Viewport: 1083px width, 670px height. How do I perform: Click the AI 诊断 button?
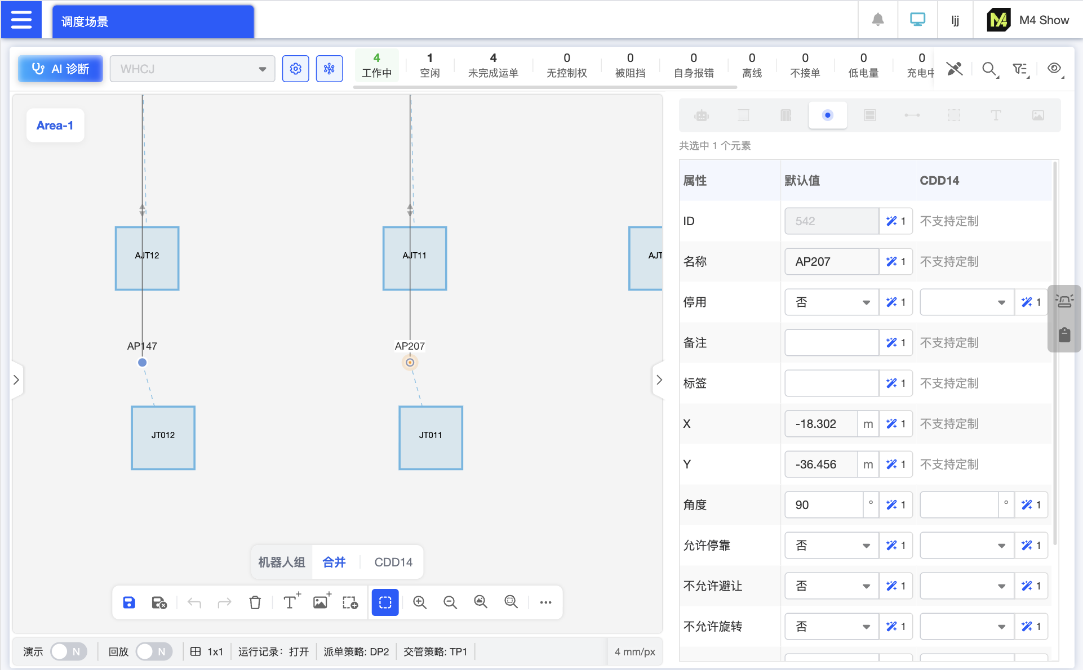point(60,69)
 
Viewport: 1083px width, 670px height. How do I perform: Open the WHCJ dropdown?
point(192,69)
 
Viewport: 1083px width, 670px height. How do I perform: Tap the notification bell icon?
point(877,20)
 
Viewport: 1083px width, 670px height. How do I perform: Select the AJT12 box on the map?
point(147,258)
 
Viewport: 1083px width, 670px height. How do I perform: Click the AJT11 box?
point(415,258)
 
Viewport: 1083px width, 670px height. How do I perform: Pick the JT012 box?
point(163,438)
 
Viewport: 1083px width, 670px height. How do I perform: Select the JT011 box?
point(430,438)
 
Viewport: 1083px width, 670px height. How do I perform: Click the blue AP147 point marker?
point(143,363)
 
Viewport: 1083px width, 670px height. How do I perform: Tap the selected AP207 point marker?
point(410,363)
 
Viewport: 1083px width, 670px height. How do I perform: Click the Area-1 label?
point(55,126)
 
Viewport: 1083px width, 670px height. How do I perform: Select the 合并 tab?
point(334,562)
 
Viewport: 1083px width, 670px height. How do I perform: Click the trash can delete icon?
point(255,602)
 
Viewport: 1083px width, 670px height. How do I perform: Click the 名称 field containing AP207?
point(831,262)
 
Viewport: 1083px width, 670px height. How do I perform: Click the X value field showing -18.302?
point(821,424)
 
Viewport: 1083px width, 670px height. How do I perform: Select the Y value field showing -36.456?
point(821,464)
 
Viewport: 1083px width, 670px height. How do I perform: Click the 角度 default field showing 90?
point(823,505)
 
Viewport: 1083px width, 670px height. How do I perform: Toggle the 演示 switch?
point(69,651)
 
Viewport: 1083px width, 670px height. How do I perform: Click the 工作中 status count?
point(376,65)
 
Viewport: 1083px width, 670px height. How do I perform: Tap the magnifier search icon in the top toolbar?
point(989,69)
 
